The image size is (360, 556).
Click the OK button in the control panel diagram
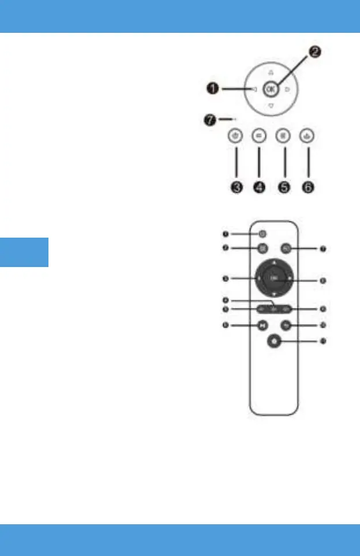pos(271,89)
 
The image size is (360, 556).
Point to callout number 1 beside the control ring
pos(213,89)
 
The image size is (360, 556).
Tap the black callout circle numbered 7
pos(211,120)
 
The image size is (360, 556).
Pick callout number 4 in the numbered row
pos(258,189)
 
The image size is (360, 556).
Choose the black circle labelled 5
pos(283,189)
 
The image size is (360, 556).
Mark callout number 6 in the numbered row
pos(309,189)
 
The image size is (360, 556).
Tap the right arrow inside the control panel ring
pos(287,89)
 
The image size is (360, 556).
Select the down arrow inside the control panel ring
pos(271,107)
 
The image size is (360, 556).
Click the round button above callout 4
pos(258,136)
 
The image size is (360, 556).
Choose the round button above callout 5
pos(283,136)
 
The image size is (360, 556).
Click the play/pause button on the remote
pos(262,325)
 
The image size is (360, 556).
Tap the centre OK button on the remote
pos(275,279)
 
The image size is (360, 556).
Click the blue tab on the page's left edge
pos(24,252)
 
